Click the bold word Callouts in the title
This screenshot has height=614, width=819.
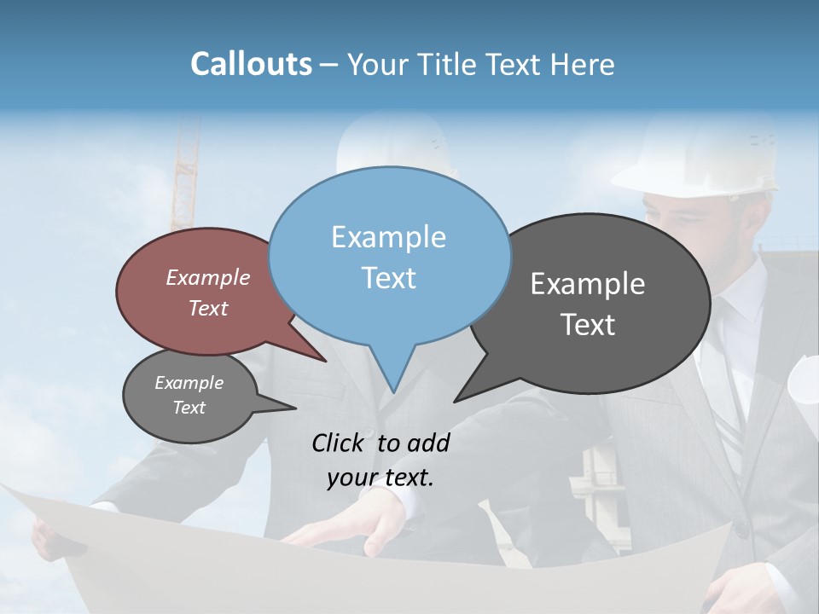[x=251, y=64]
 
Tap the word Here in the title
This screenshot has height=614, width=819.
[x=582, y=64]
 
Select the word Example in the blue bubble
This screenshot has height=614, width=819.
[x=388, y=237]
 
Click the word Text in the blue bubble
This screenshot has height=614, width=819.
[x=388, y=278]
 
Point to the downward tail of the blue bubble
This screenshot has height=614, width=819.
[x=392, y=375]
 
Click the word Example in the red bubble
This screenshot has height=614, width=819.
[x=207, y=278]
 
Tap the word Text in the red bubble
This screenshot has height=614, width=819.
[x=207, y=309]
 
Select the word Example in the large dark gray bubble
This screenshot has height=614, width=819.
[x=587, y=284]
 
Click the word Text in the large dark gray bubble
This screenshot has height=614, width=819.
[x=587, y=325]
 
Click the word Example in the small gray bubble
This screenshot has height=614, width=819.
[x=189, y=383]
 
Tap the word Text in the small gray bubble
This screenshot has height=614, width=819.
[x=189, y=408]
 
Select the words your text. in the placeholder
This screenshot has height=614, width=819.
[x=380, y=477]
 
